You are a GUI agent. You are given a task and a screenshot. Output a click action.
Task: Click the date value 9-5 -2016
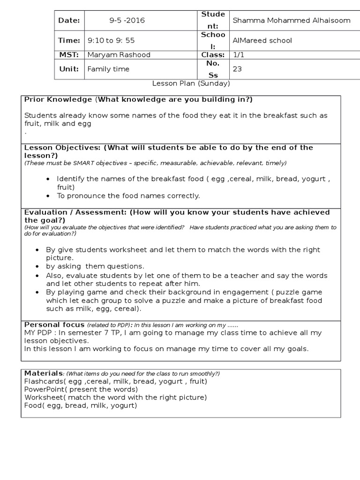click(127, 20)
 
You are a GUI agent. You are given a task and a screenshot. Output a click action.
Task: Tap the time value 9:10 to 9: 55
click(111, 40)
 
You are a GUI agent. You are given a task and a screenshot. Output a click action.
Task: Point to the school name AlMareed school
click(262, 40)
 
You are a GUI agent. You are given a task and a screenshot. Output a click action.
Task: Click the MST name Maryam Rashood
click(119, 55)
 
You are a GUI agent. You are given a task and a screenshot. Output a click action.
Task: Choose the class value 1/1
click(238, 55)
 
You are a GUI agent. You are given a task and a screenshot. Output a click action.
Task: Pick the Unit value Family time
click(108, 69)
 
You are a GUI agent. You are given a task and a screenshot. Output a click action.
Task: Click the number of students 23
click(237, 69)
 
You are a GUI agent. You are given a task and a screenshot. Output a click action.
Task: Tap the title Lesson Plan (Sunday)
click(191, 83)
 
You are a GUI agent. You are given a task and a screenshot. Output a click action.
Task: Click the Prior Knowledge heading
click(58, 99)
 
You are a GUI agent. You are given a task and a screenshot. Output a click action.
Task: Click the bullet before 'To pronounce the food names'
click(49, 195)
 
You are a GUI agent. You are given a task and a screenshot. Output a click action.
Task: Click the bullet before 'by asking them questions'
click(38, 266)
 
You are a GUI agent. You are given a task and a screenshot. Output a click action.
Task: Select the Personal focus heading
click(54, 324)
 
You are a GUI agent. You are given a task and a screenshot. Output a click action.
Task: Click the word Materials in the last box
click(44, 373)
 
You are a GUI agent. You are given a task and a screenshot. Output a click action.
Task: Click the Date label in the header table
click(69, 20)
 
